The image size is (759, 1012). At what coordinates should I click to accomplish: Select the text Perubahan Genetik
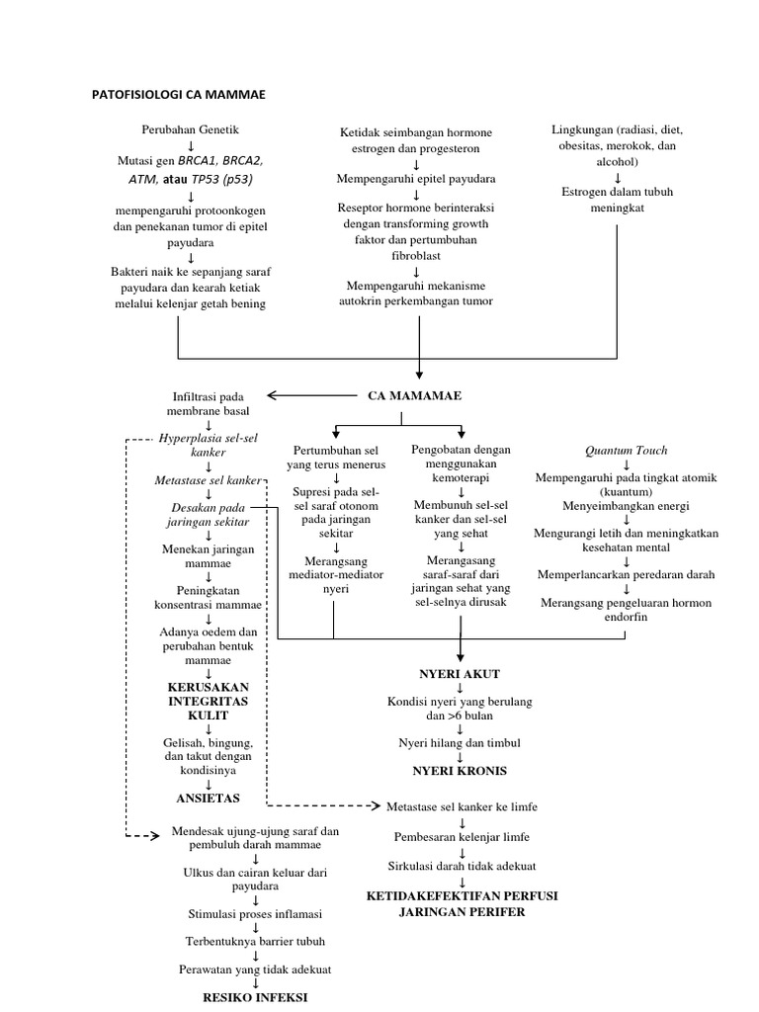tap(190, 129)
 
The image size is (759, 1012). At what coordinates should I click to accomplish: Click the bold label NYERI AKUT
tap(460, 674)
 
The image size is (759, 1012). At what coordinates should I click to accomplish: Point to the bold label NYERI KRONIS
tap(460, 770)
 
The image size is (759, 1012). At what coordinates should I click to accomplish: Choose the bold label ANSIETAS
tap(208, 797)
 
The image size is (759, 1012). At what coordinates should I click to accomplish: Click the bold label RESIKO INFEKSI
tap(254, 997)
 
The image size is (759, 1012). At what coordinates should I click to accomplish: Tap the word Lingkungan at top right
tap(580, 130)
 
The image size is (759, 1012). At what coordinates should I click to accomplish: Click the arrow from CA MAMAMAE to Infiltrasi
tap(300, 396)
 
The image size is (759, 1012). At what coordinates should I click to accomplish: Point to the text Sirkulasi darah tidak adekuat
tap(460, 867)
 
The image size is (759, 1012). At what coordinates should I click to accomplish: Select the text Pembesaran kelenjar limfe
tap(462, 836)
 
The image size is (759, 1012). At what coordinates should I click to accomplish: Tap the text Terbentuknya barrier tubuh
tap(254, 942)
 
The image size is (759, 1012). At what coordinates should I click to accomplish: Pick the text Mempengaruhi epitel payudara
tap(417, 179)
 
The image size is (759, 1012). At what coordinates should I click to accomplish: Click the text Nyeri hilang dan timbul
tap(460, 742)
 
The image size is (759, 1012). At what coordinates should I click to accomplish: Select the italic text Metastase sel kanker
tap(208, 480)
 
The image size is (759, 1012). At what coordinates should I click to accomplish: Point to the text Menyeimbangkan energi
tap(626, 506)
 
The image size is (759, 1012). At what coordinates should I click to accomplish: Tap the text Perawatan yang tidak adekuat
tap(254, 970)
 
